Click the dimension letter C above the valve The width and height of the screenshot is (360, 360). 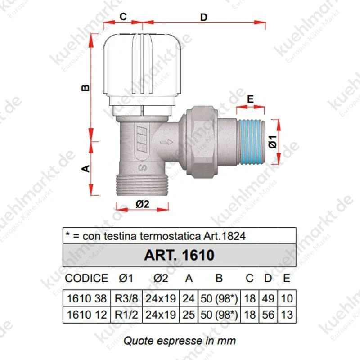[x=123, y=17]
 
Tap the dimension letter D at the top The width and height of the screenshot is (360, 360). [x=204, y=18]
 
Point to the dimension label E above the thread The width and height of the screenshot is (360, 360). [x=251, y=99]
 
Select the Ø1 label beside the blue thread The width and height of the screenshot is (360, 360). [x=273, y=142]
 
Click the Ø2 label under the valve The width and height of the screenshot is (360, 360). [x=142, y=204]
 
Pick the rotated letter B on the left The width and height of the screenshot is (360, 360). [x=85, y=88]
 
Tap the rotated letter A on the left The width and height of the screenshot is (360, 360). [x=85, y=168]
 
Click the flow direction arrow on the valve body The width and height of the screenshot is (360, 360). [x=166, y=142]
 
